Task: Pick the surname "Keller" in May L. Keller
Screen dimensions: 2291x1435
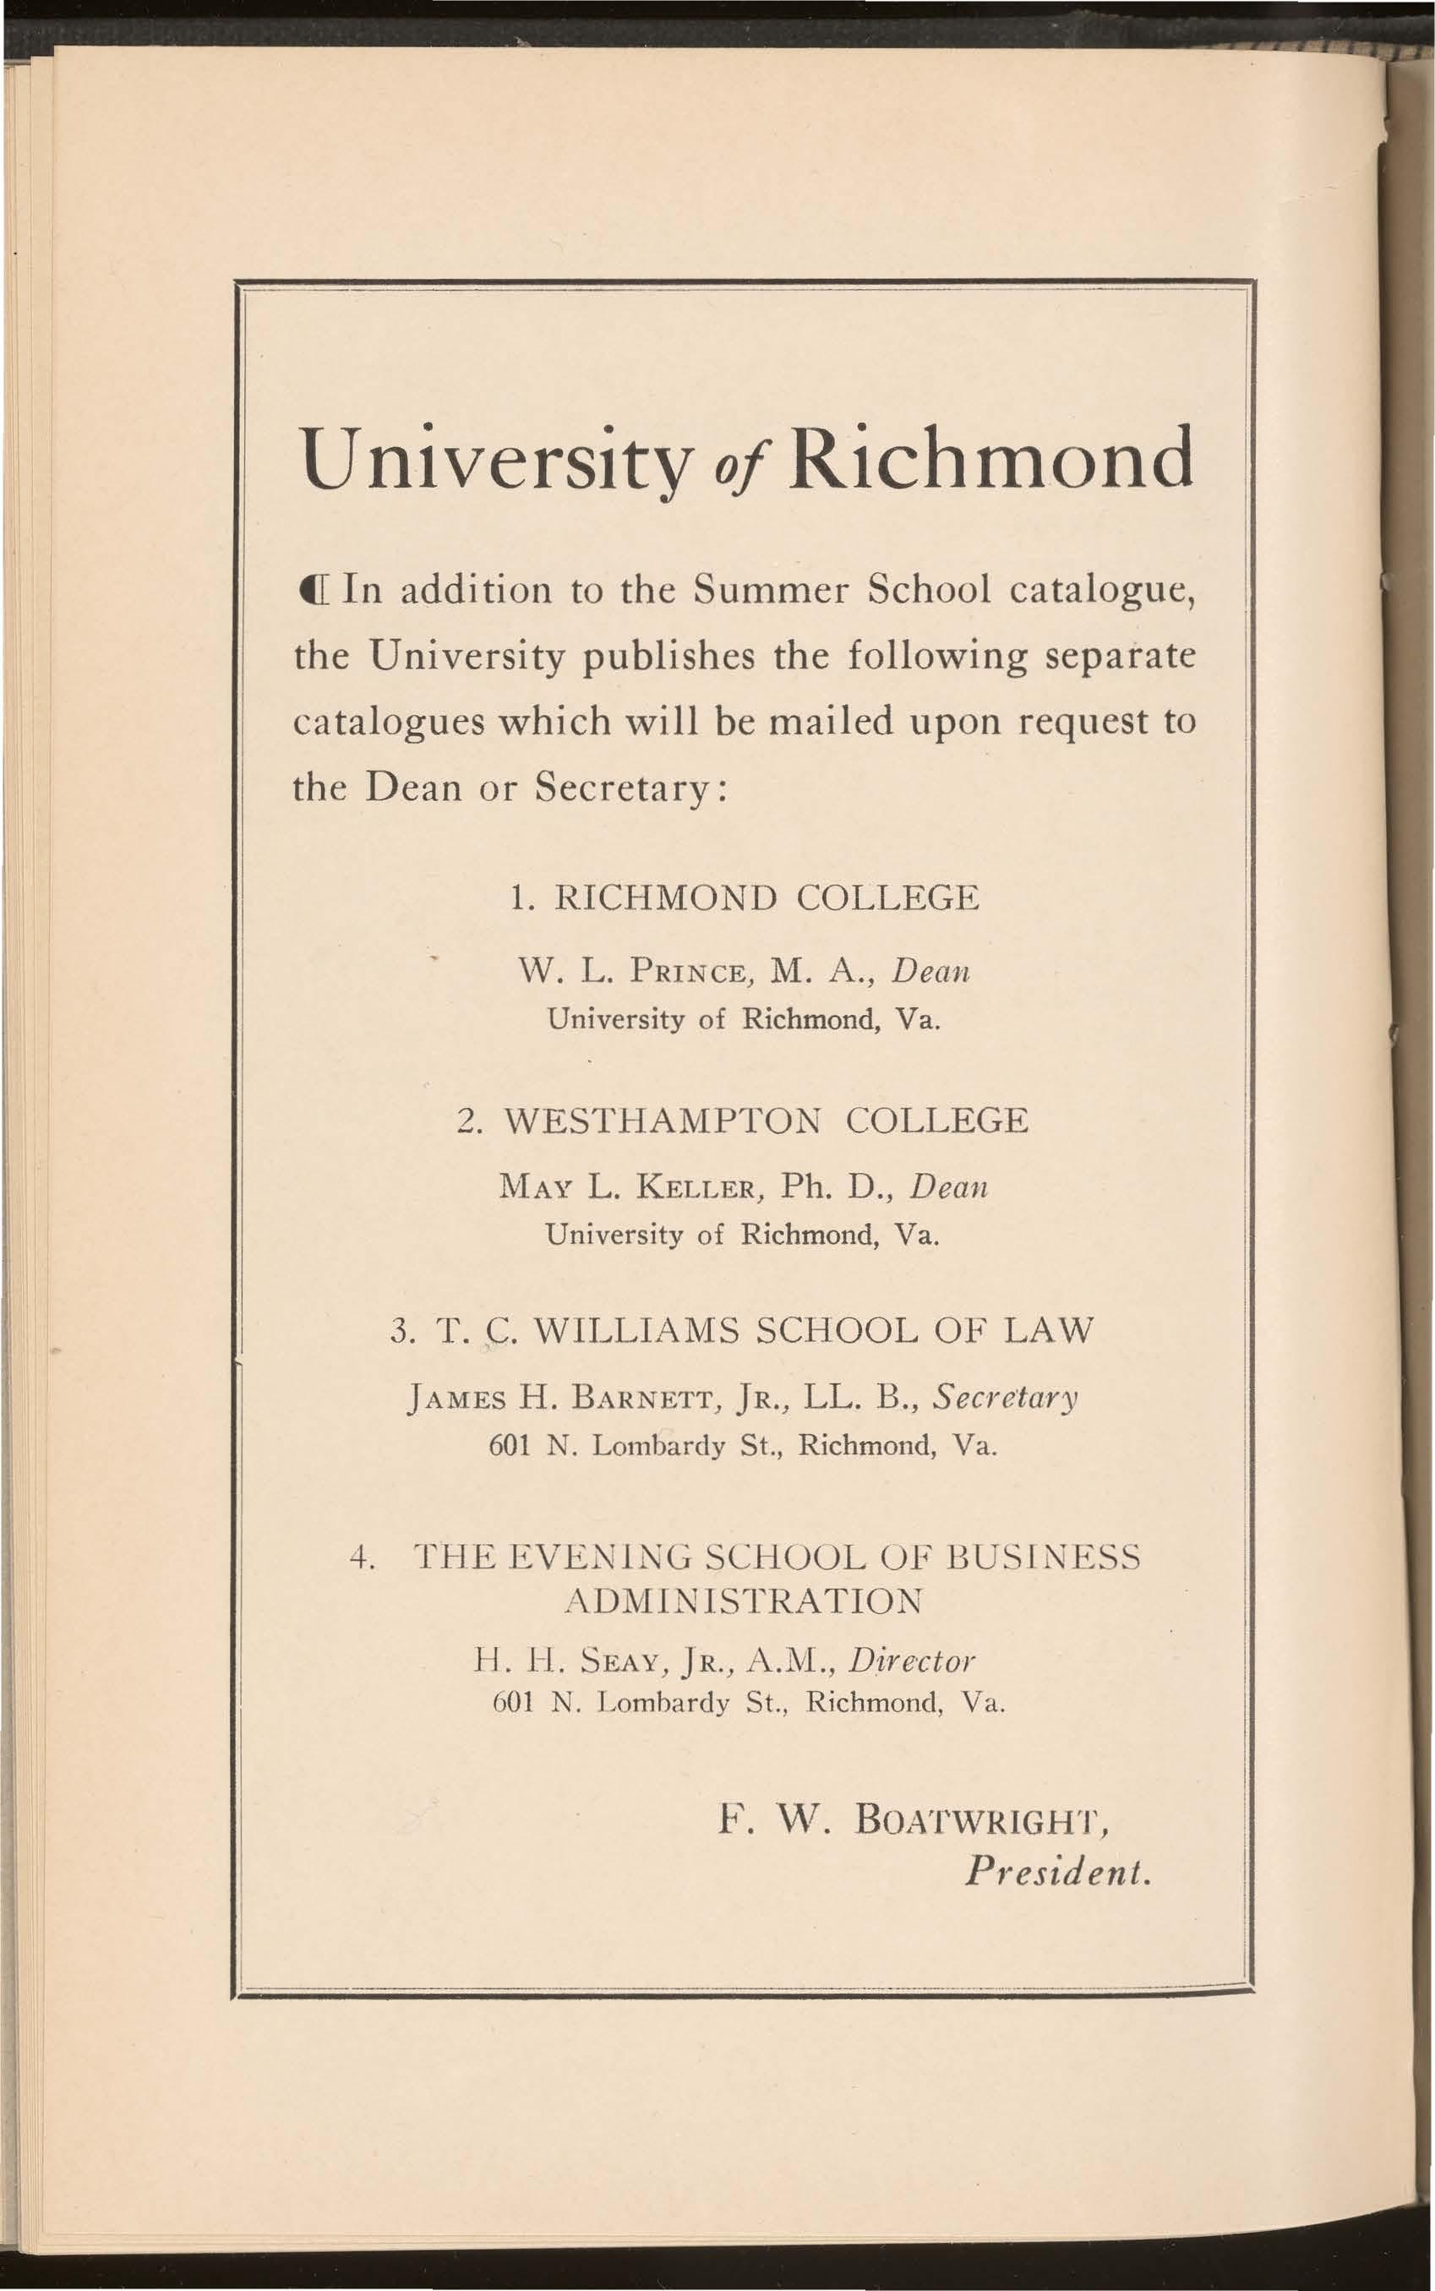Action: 685,1187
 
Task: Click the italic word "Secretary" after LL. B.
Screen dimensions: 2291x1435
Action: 1006,1397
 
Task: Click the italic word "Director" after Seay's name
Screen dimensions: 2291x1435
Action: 912,1660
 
